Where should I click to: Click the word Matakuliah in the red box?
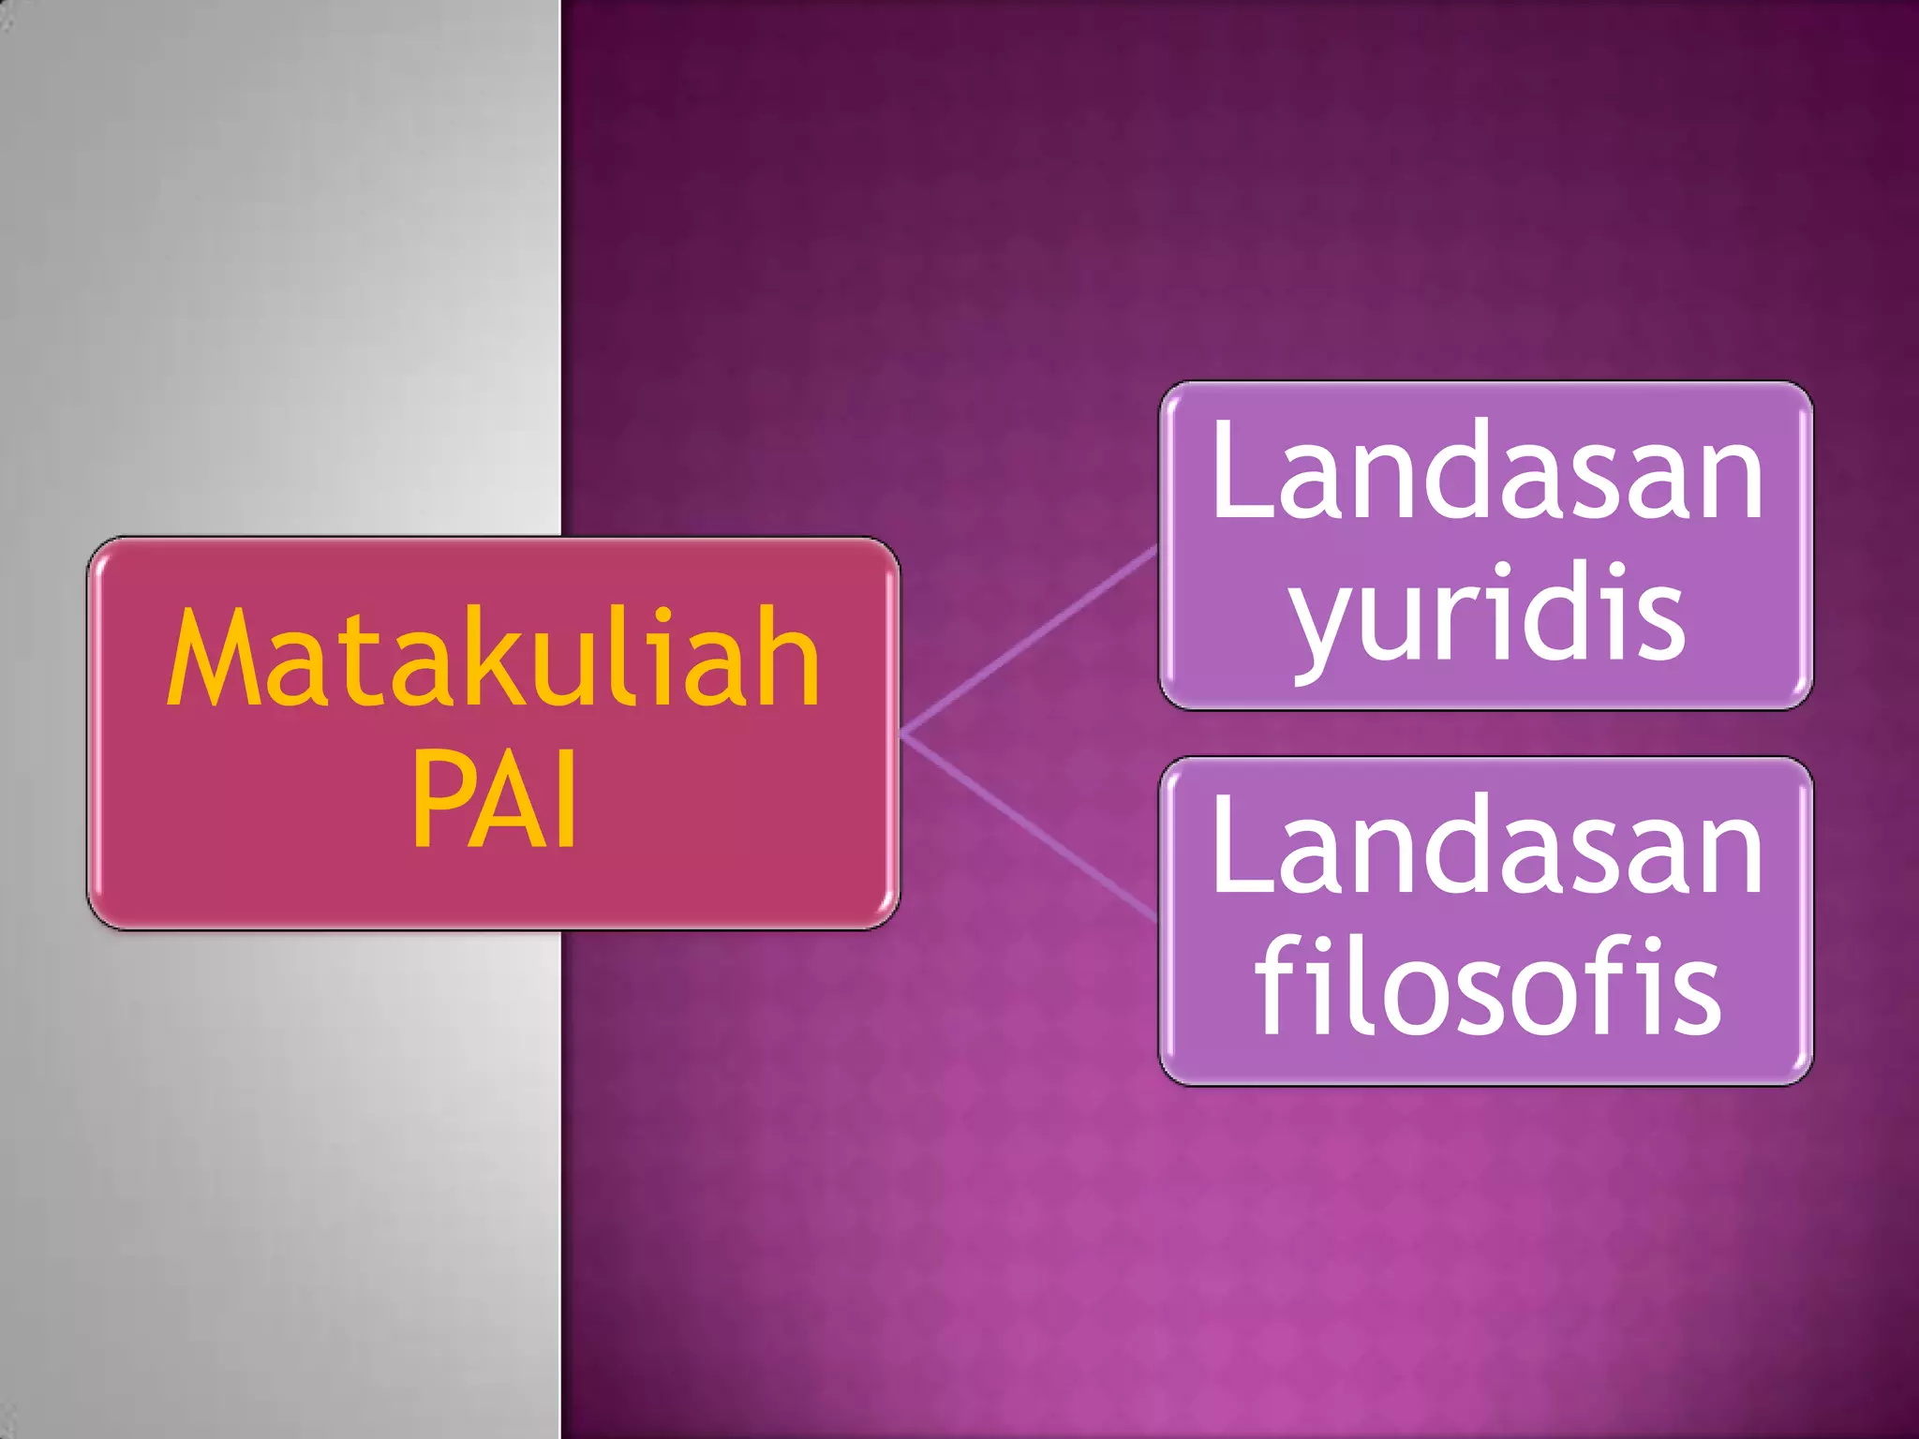(494, 658)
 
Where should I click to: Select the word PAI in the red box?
(494, 801)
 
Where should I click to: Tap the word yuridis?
(1488, 614)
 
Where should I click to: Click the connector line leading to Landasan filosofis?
(1031, 824)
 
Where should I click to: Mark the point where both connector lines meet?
(904, 732)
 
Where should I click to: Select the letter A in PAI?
(506, 801)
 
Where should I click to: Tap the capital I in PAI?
(565, 801)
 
